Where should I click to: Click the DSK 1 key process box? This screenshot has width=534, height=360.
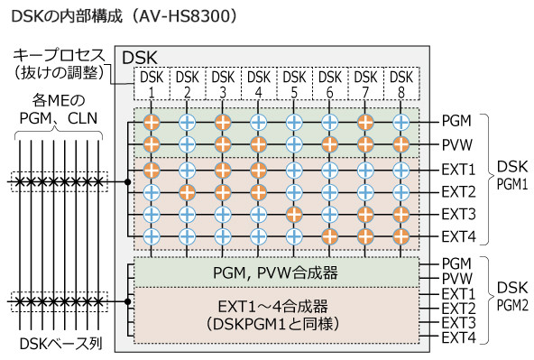click(152, 84)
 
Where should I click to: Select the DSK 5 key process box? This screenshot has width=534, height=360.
click(295, 84)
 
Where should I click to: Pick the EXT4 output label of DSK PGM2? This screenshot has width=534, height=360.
click(458, 337)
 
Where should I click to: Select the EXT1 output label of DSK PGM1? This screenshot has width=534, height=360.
click(458, 168)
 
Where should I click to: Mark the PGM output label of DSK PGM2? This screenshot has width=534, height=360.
click(456, 262)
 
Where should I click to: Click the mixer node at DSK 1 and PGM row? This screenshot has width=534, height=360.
click(152, 120)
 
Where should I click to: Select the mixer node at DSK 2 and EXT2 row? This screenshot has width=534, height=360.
click(188, 191)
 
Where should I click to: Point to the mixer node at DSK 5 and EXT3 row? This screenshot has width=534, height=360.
click(295, 215)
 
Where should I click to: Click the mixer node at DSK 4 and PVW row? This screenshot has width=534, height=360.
click(259, 143)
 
